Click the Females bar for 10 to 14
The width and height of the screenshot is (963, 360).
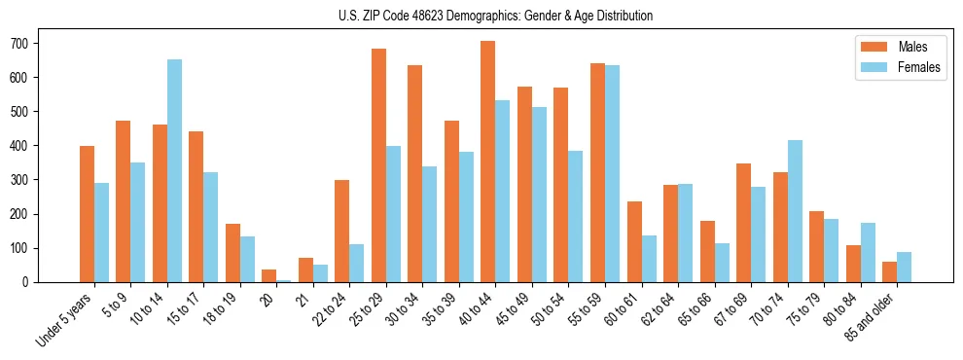click(x=174, y=170)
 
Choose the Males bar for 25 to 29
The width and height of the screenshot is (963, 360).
click(x=378, y=165)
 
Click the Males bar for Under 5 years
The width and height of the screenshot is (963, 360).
click(x=87, y=214)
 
